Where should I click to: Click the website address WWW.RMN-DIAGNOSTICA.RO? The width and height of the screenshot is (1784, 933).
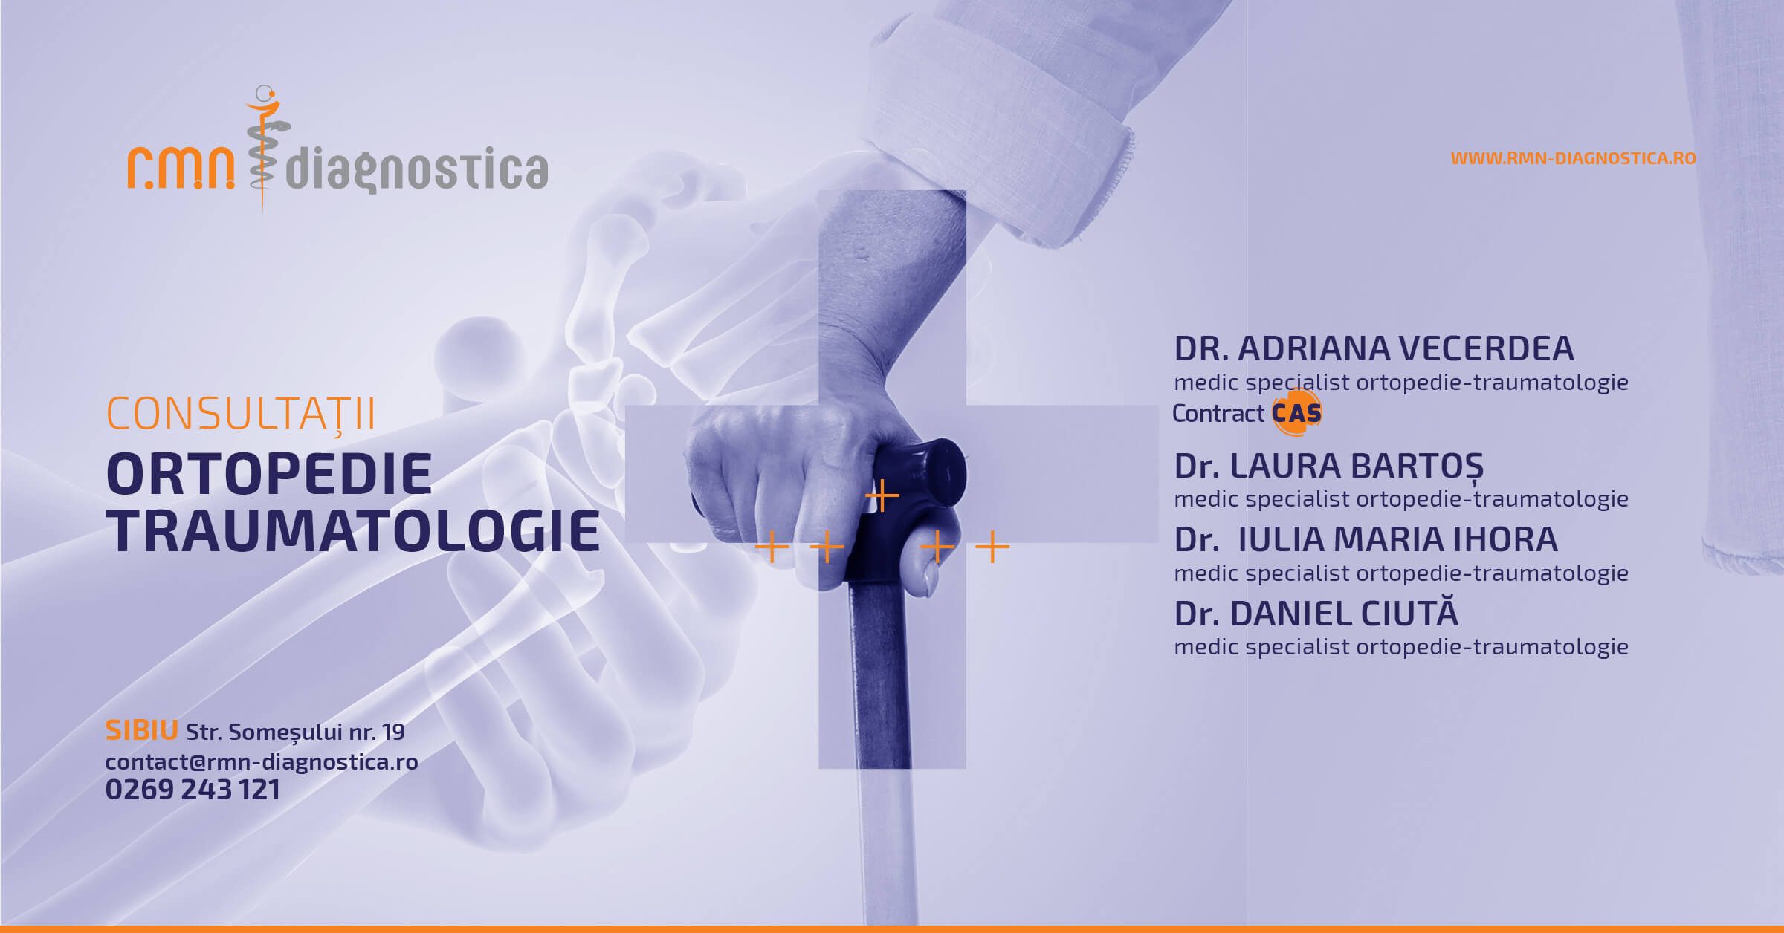tap(1573, 158)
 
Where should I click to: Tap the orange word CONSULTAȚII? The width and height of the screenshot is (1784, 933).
tap(241, 413)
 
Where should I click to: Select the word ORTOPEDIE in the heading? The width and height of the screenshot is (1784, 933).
tap(270, 473)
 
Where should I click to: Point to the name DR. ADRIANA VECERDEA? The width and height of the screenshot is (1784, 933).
tap(1374, 348)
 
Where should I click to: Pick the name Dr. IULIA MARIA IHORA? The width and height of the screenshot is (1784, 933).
tap(1366, 539)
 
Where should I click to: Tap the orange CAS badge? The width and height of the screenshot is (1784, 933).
tap(1297, 413)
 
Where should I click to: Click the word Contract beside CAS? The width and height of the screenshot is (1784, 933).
tap(1218, 413)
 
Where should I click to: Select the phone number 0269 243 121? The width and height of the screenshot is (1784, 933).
tap(193, 790)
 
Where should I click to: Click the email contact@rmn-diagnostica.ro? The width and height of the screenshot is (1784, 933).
tap(262, 761)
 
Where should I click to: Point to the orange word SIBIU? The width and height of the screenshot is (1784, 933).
tap(141, 731)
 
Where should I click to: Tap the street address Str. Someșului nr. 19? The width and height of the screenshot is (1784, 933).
tap(295, 732)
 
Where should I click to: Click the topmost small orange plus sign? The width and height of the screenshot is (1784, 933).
tap(882, 495)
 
